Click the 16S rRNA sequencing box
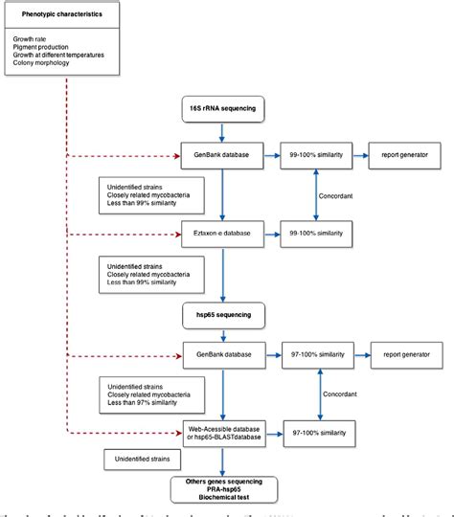click(222, 109)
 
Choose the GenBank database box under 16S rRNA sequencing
click(222, 154)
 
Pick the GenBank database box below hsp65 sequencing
click(222, 354)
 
